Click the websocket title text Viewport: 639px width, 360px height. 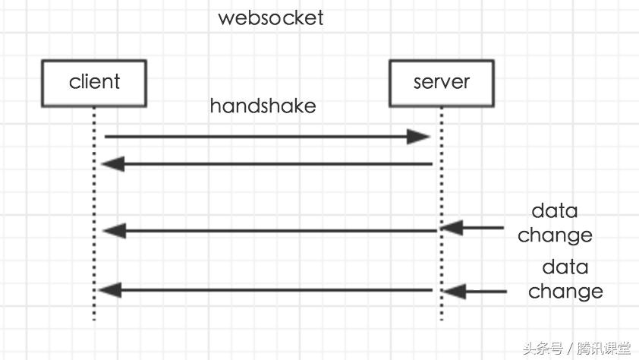pyautogui.click(x=271, y=17)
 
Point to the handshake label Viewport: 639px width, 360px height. pyautogui.click(x=263, y=106)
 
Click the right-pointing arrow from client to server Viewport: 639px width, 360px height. pyautogui.click(x=258, y=137)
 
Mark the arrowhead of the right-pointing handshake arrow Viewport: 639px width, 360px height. pyautogui.click(x=419, y=137)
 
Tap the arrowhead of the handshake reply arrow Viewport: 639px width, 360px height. pyautogui.click(x=112, y=163)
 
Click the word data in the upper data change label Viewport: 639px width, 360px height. pyautogui.click(x=554, y=210)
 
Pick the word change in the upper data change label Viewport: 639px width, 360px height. pyautogui.click(x=555, y=235)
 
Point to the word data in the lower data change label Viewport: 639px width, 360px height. pyautogui.click(x=565, y=267)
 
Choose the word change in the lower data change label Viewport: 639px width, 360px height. pyautogui.click(x=565, y=292)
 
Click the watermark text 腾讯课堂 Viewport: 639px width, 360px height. pyautogui.click(x=604, y=349)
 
